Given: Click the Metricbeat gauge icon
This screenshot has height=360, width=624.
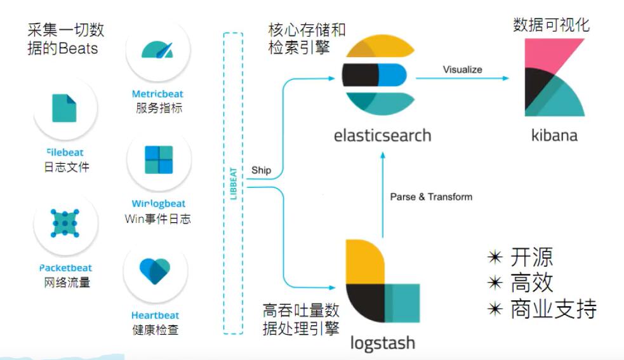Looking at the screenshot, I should [x=157, y=50].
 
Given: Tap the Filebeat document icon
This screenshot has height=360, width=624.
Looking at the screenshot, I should [x=63, y=107].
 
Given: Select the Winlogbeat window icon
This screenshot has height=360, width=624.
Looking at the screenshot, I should [x=158, y=159].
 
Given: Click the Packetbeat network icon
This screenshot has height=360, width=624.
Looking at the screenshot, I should [x=65, y=222].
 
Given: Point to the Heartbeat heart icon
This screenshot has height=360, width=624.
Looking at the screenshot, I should [x=155, y=271].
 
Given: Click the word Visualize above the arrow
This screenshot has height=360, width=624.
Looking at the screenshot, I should [x=462, y=69].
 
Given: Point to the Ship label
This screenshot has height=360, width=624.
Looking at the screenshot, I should [x=261, y=170].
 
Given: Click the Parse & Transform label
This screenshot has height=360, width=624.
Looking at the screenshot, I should [x=431, y=197].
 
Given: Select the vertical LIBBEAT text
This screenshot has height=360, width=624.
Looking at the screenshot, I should [x=233, y=183].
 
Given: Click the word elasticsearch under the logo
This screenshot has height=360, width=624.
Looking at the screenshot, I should [x=382, y=135].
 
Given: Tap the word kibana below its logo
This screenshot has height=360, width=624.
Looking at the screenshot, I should [x=554, y=135].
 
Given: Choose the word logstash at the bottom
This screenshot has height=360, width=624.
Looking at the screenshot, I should [x=382, y=343].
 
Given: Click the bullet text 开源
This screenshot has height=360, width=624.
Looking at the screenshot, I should [x=531, y=257].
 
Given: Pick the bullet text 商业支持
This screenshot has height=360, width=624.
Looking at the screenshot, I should [x=553, y=309].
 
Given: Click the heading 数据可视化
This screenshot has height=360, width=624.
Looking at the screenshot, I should [x=551, y=25].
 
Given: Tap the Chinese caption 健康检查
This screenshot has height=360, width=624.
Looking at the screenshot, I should [x=156, y=330].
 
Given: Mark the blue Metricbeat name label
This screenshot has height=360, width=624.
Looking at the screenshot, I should [x=157, y=95].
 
